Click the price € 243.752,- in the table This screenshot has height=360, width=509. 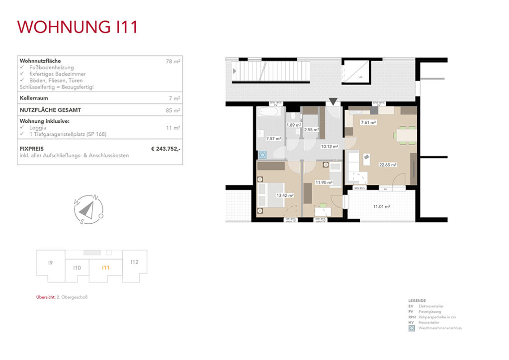click(x=166, y=148)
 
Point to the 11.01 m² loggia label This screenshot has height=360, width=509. click(x=381, y=206)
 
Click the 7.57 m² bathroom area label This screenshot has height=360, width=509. click(x=273, y=139)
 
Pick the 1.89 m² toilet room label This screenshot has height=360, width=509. click(x=294, y=125)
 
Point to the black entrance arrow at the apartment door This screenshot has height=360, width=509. click(x=333, y=101)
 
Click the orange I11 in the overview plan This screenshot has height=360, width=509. click(x=105, y=268)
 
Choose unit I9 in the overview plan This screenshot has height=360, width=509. click(x=50, y=263)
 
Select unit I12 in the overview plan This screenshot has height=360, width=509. click(x=134, y=262)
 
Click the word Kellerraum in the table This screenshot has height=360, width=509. click(x=34, y=98)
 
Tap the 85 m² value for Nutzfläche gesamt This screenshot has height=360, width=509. click(x=173, y=110)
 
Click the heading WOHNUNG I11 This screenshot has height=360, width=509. click(x=77, y=27)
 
